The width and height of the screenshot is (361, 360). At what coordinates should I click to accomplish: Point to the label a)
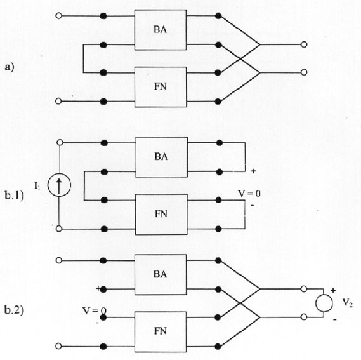(10, 67)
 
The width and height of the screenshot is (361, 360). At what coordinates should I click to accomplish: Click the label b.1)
(14, 196)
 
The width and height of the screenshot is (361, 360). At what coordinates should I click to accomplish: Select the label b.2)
(14, 310)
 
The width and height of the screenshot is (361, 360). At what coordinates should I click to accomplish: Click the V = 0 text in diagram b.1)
(249, 194)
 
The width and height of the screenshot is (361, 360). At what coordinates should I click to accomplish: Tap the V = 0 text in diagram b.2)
(94, 310)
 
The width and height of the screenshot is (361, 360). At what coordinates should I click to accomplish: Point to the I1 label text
(37, 186)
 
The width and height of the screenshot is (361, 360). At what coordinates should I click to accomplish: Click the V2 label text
(348, 302)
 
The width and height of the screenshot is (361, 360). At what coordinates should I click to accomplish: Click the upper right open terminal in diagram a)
(304, 44)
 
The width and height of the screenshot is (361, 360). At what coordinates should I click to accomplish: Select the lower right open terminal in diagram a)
(304, 72)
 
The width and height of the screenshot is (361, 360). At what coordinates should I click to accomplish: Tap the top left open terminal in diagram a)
(59, 16)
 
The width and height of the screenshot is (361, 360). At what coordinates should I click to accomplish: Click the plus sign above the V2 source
(333, 290)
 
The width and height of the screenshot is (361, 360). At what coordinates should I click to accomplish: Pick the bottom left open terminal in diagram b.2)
(58, 346)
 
